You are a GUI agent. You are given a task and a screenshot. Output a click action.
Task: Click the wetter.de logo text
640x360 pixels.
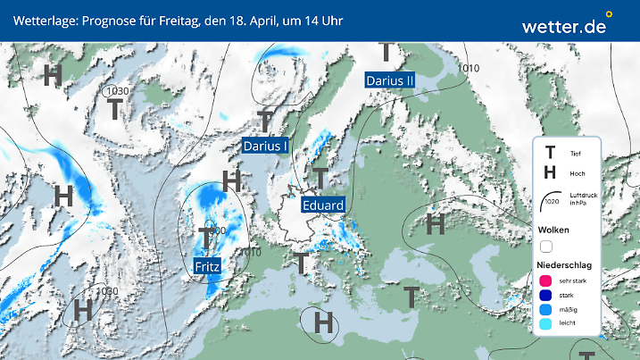[x=563, y=26]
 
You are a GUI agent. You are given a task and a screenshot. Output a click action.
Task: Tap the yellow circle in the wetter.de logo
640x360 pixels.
[x=609, y=14]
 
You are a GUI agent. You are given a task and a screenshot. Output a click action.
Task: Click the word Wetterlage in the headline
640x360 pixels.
[x=44, y=20]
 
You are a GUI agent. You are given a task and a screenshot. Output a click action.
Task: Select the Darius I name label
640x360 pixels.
[x=265, y=146]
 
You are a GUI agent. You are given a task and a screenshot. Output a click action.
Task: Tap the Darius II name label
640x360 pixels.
[x=390, y=80]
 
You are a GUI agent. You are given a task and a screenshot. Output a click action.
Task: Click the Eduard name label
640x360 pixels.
[x=322, y=205]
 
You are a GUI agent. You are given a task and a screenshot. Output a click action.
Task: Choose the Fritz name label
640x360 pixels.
[x=208, y=265]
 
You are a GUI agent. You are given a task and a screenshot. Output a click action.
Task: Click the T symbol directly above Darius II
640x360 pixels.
[x=386, y=53]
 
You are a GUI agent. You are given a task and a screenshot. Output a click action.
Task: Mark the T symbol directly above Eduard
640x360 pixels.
[x=320, y=178]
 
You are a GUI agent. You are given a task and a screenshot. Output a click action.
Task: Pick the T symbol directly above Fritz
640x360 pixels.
[x=205, y=239]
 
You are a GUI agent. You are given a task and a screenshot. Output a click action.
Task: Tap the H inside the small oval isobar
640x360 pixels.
[x=323, y=321]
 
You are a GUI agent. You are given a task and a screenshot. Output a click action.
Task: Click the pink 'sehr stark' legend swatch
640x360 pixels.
[x=544, y=280]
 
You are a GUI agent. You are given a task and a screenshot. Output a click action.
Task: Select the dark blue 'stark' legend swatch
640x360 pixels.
[x=544, y=295]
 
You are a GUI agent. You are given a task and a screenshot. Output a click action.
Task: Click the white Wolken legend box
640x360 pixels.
[x=545, y=246]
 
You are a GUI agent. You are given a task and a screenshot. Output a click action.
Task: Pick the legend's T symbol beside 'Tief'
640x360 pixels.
[x=550, y=154]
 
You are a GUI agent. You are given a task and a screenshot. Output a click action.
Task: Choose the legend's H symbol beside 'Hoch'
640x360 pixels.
[x=550, y=173]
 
